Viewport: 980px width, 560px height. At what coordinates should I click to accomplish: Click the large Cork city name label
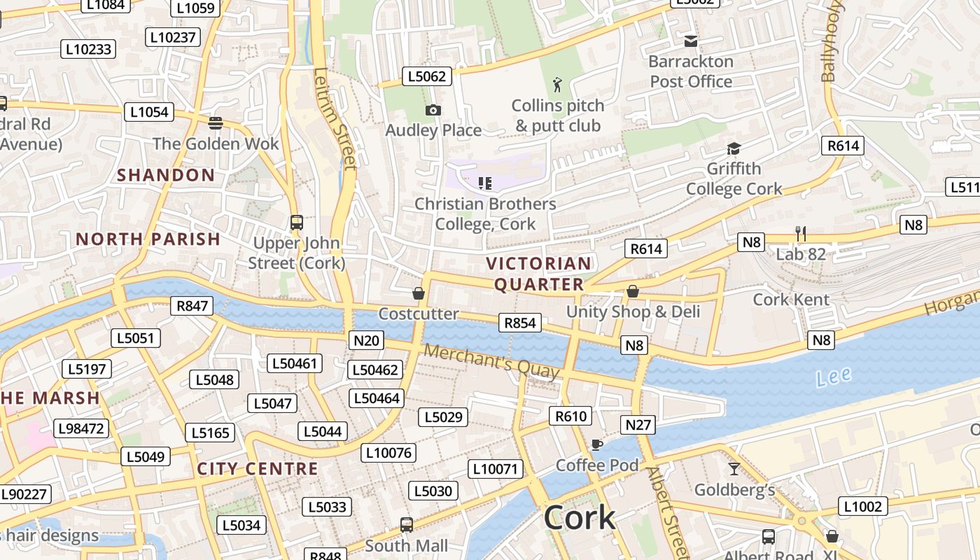pyautogui.click(x=580, y=518)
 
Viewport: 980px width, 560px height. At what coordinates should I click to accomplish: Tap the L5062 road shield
pyautogui.click(x=426, y=76)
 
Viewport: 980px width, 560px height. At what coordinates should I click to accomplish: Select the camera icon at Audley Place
pyautogui.click(x=433, y=111)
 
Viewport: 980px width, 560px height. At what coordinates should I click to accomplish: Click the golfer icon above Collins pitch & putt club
pyautogui.click(x=557, y=85)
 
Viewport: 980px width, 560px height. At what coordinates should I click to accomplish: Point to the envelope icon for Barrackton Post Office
pyautogui.click(x=691, y=41)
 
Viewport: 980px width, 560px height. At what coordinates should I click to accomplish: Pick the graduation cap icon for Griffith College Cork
pyautogui.click(x=734, y=148)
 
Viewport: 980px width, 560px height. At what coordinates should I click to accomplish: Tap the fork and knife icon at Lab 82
pyautogui.click(x=801, y=233)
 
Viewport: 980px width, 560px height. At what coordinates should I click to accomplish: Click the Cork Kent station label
pyautogui.click(x=791, y=300)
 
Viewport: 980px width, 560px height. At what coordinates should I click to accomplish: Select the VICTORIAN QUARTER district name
pyautogui.click(x=539, y=274)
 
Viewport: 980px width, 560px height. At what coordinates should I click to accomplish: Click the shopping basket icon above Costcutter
pyautogui.click(x=419, y=293)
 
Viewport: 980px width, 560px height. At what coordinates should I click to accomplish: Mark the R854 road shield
pyautogui.click(x=519, y=323)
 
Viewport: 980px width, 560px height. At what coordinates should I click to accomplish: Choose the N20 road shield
pyautogui.click(x=366, y=341)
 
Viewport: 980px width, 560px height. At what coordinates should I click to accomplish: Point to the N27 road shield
pyautogui.click(x=638, y=425)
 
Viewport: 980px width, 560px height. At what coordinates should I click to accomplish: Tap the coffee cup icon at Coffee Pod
pyautogui.click(x=596, y=444)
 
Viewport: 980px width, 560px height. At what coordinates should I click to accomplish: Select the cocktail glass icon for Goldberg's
pyautogui.click(x=734, y=469)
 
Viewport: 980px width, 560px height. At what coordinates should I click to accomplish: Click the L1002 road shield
pyautogui.click(x=863, y=507)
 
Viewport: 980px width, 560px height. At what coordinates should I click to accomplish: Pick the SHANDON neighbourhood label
pyautogui.click(x=166, y=175)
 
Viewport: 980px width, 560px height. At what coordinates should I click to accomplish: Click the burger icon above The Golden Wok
pyautogui.click(x=216, y=123)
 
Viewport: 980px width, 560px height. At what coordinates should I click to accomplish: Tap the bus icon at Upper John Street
pyautogui.click(x=297, y=223)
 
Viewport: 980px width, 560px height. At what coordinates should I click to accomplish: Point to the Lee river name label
pyautogui.click(x=834, y=377)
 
